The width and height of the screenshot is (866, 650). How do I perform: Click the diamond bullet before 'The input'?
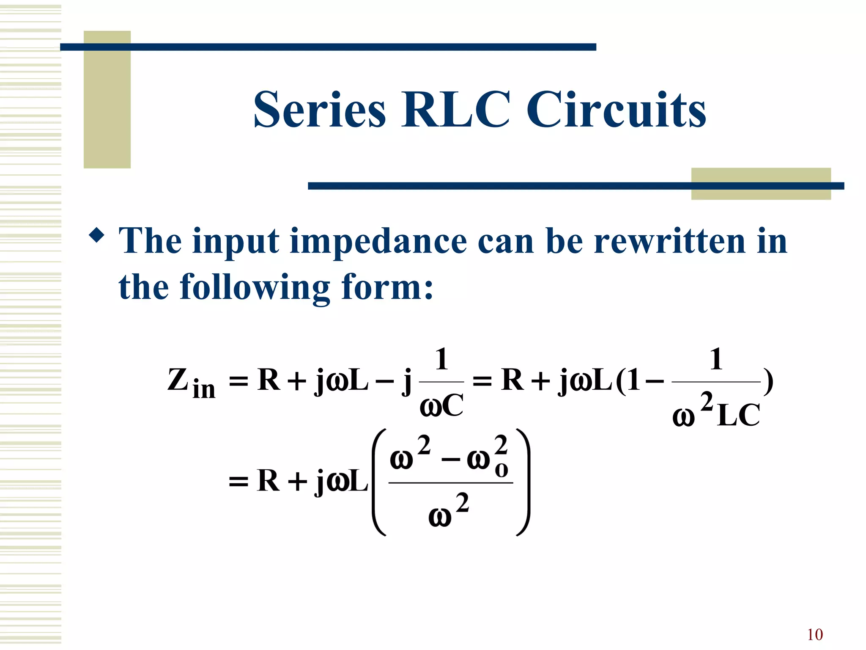[x=97, y=235]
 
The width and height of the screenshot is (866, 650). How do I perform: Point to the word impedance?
[x=378, y=241]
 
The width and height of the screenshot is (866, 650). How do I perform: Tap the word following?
[x=255, y=288]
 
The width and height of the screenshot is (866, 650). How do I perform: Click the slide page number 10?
[x=814, y=635]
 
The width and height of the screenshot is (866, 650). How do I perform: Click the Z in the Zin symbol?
[x=178, y=380]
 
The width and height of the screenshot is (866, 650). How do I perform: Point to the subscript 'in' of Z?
[x=203, y=389]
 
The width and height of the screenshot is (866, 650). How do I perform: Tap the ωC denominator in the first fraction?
[x=441, y=405]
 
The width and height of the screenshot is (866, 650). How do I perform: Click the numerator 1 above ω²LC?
[x=715, y=359]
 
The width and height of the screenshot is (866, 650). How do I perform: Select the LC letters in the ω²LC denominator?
[x=738, y=415]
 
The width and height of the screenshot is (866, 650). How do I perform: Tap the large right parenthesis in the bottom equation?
[x=523, y=482]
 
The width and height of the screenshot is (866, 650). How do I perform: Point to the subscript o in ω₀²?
[x=501, y=470]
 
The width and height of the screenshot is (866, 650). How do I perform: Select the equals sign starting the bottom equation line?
[x=238, y=482]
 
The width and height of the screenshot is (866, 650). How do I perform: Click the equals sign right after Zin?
[x=238, y=381]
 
